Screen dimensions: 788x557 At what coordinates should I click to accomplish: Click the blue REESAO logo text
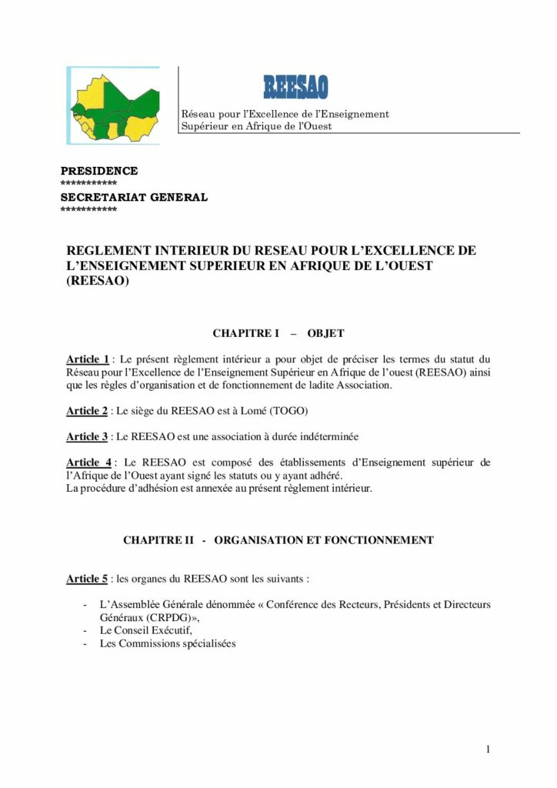pos(295,87)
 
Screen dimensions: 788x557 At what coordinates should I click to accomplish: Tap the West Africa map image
pos(114,105)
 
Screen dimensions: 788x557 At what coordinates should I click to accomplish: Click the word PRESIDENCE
pos(99,171)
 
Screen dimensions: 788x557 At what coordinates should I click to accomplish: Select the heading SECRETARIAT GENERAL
pos(134,197)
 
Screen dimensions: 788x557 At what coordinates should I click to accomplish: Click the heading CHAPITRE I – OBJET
pos(278,333)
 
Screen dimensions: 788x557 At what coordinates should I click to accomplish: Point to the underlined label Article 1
pos(88,359)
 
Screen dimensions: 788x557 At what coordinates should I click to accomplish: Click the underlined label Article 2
pos(87,411)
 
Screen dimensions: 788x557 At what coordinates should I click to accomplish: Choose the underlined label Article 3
pos(87,436)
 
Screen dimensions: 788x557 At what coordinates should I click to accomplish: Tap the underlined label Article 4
pos(88,462)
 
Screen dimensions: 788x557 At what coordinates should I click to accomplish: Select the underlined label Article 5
pos(87,578)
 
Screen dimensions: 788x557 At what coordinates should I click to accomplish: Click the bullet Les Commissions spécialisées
pos(168,643)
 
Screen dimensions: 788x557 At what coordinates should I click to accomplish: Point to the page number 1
pos(488,749)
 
